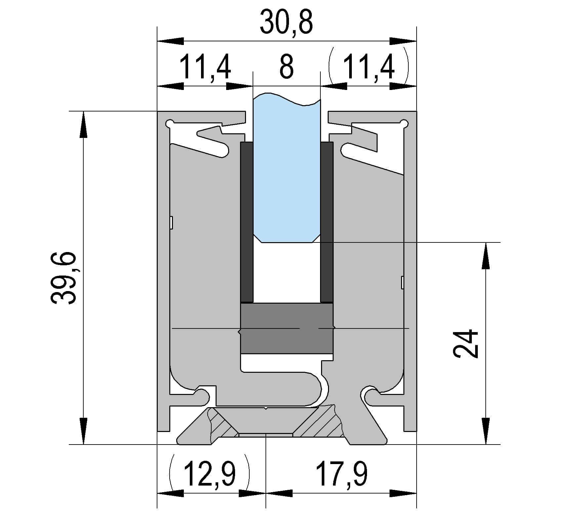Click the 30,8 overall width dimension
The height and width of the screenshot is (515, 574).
pos(286,22)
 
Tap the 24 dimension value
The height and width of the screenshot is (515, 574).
pos(466,344)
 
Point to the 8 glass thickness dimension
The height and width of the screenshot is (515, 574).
pos(286,67)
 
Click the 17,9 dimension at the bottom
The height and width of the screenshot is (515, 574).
pos(342,475)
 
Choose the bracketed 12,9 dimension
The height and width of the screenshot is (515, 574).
pos(209,475)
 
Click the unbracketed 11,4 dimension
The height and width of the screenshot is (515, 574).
pos(205,67)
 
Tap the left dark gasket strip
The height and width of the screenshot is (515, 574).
pos(247,222)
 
